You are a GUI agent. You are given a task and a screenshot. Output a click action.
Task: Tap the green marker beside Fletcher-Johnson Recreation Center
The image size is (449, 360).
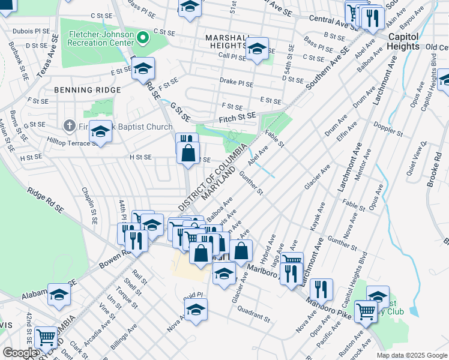142,38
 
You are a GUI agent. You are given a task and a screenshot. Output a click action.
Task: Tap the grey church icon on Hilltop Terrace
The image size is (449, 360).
68,127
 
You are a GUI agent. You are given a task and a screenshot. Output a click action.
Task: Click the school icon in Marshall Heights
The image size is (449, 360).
258,49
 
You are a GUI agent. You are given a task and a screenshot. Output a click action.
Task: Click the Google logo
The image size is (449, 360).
20,353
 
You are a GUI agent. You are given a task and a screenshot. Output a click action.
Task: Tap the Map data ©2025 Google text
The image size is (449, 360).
411,355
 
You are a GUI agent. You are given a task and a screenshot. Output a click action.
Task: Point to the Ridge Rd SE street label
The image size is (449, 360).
46,199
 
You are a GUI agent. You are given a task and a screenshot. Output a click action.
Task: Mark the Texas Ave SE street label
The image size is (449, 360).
48,55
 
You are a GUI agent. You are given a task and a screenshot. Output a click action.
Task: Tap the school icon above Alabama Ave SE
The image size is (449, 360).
59,295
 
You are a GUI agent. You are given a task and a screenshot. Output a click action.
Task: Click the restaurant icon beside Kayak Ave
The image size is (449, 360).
322,290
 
